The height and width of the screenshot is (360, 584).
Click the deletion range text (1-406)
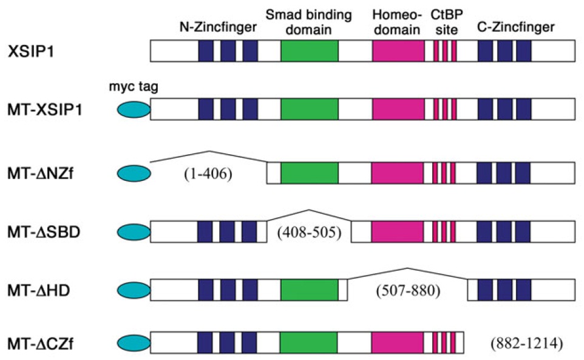pos(208,175)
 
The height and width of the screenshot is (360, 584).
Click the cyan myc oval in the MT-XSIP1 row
pos(132,110)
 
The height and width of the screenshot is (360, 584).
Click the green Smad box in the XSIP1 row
pos(309,51)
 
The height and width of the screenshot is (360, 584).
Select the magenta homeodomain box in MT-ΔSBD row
pos(398,231)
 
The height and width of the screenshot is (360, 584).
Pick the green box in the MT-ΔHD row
pos(309,290)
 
